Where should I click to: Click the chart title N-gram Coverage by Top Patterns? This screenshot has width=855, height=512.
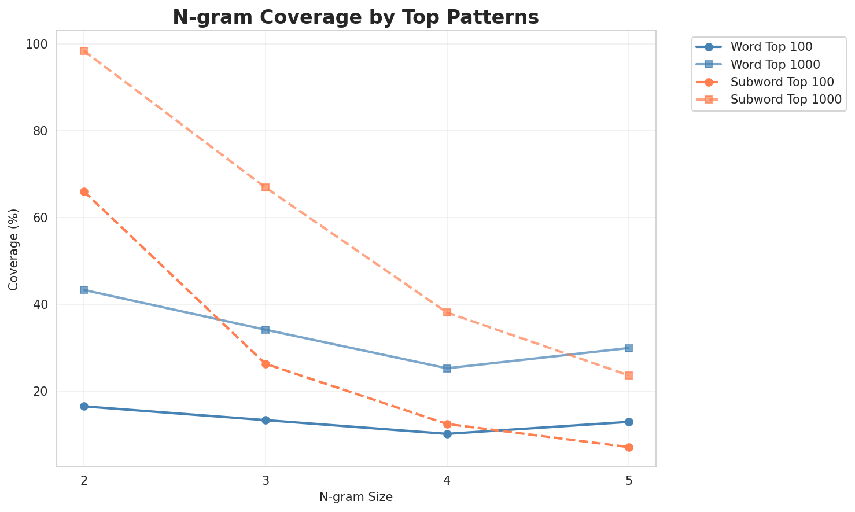point(356,17)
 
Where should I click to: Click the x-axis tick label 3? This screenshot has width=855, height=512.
point(266,481)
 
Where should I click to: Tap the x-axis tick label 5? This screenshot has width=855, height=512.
point(629,481)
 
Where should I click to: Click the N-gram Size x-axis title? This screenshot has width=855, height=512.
point(356,498)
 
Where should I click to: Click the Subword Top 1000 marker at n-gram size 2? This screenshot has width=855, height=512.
point(84,51)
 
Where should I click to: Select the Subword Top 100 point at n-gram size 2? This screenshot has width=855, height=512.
point(84,191)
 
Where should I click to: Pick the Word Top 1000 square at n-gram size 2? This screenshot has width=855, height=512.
point(84,290)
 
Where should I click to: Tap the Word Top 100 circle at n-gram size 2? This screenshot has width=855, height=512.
point(84,406)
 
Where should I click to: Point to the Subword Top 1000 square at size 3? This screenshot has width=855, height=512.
point(266,187)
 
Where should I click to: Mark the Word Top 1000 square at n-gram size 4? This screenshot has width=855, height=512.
point(447,368)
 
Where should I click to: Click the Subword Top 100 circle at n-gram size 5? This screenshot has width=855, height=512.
point(629,447)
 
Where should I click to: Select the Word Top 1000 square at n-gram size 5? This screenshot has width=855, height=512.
point(629,348)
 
